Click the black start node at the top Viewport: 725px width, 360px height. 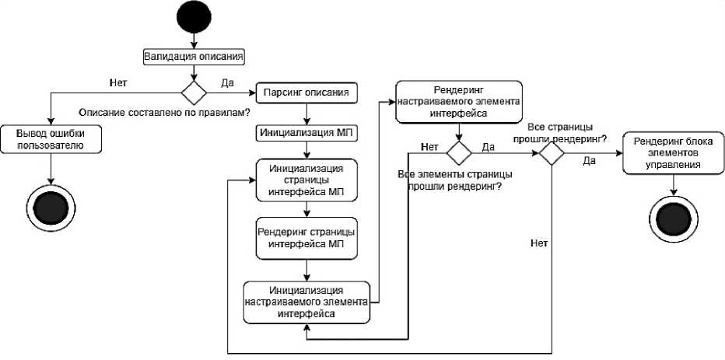pos(193,17)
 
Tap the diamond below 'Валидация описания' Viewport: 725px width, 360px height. pos(193,92)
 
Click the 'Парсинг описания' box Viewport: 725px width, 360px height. pos(307,93)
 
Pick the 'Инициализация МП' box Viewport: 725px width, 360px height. pos(307,132)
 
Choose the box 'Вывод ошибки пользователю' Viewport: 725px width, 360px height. pos(50,139)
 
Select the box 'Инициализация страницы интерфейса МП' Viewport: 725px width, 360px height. pos(307,180)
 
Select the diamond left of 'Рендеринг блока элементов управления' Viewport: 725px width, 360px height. pos(551,152)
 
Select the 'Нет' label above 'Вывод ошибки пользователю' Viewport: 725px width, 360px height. pos(118,80)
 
